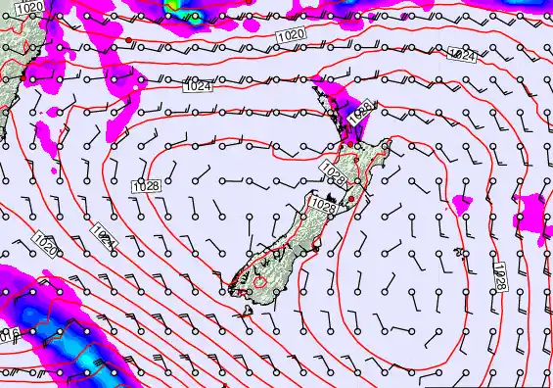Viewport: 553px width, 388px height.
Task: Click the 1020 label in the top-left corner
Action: coord(29,8)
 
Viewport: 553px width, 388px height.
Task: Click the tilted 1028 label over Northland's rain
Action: coord(358,111)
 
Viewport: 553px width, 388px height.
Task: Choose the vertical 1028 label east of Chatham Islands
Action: coord(499,273)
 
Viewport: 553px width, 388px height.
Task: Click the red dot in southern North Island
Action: coord(351,198)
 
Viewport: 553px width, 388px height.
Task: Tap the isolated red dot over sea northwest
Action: coord(127,40)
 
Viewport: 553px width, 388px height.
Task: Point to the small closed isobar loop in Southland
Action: coord(261,282)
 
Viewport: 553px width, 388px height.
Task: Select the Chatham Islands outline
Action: coord(462,201)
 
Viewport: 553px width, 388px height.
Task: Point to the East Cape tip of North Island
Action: coord(388,146)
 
